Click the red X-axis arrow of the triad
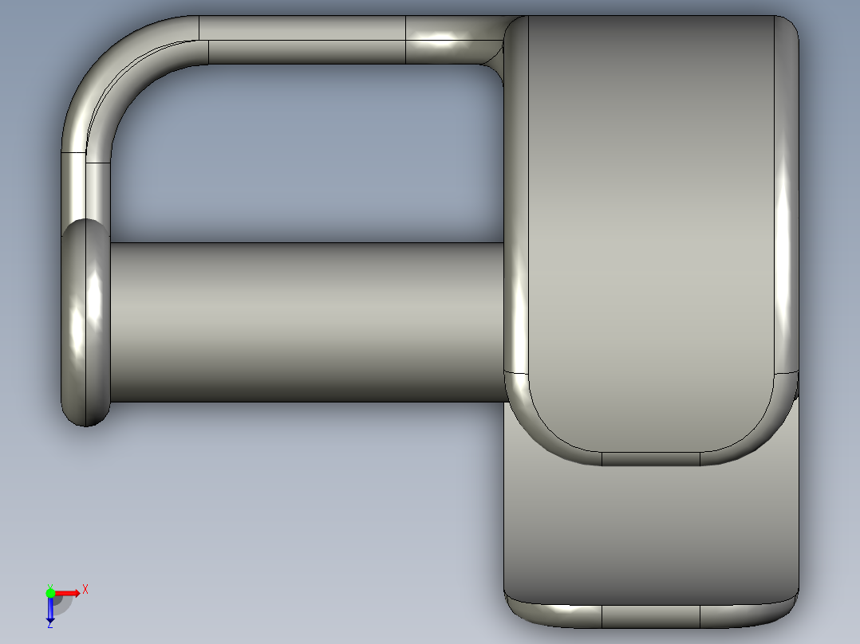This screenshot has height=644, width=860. [x=69, y=592]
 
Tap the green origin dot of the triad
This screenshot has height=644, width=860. [x=50, y=592]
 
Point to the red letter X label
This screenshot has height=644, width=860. [x=85, y=589]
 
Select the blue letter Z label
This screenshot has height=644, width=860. [x=49, y=626]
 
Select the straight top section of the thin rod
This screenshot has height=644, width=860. [x=303, y=40]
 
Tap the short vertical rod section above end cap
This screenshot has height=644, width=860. [x=86, y=187]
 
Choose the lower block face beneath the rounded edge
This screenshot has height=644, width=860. [x=650, y=534]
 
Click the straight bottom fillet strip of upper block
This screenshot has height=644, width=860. [x=650, y=458]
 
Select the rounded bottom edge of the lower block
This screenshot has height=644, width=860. [x=650, y=615]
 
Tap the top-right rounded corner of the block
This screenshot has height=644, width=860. [x=786, y=28]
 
